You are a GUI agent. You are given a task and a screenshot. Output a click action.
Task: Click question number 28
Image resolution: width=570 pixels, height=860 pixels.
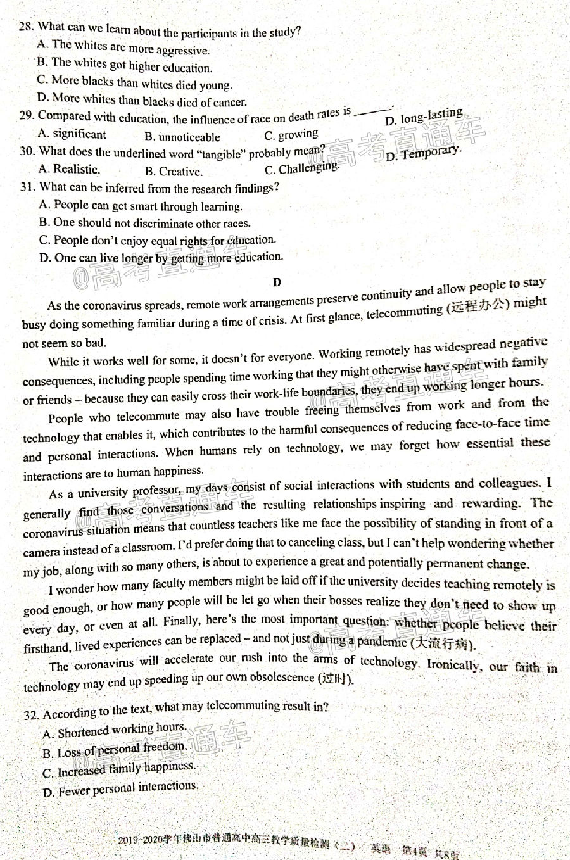coord(26,27)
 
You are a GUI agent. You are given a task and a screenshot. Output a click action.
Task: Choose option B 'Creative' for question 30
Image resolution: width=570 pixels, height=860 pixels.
coord(174,171)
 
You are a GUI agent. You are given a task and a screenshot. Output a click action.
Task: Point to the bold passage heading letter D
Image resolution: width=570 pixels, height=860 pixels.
coord(277,282)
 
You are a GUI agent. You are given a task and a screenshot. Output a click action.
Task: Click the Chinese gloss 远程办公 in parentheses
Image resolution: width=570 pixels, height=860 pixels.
coord(479,306)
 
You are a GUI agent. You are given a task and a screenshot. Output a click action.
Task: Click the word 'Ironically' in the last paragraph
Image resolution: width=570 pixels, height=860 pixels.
coord(452,664)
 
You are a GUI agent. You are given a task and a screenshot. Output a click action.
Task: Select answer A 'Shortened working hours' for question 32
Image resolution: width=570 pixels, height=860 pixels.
coord(115,731)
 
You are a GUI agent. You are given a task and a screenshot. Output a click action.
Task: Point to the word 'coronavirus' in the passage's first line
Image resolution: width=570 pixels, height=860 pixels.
coord(111,306)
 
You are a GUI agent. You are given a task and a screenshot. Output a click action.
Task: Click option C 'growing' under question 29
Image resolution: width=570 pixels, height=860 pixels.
coord(291,135)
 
